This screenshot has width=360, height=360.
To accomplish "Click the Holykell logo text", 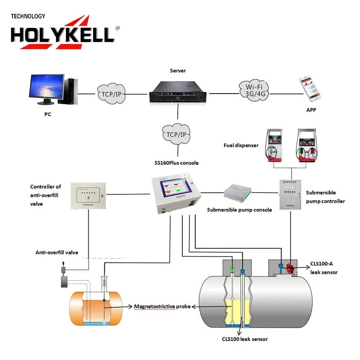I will (63, 34).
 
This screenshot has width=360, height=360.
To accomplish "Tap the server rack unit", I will (178, 93).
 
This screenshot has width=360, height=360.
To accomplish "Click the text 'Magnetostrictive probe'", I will (162, 306).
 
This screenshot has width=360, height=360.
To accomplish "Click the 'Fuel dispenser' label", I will (241, 145).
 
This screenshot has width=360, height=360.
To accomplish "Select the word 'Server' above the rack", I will (178, 71).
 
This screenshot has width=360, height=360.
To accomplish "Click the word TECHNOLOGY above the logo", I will (28, 16).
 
